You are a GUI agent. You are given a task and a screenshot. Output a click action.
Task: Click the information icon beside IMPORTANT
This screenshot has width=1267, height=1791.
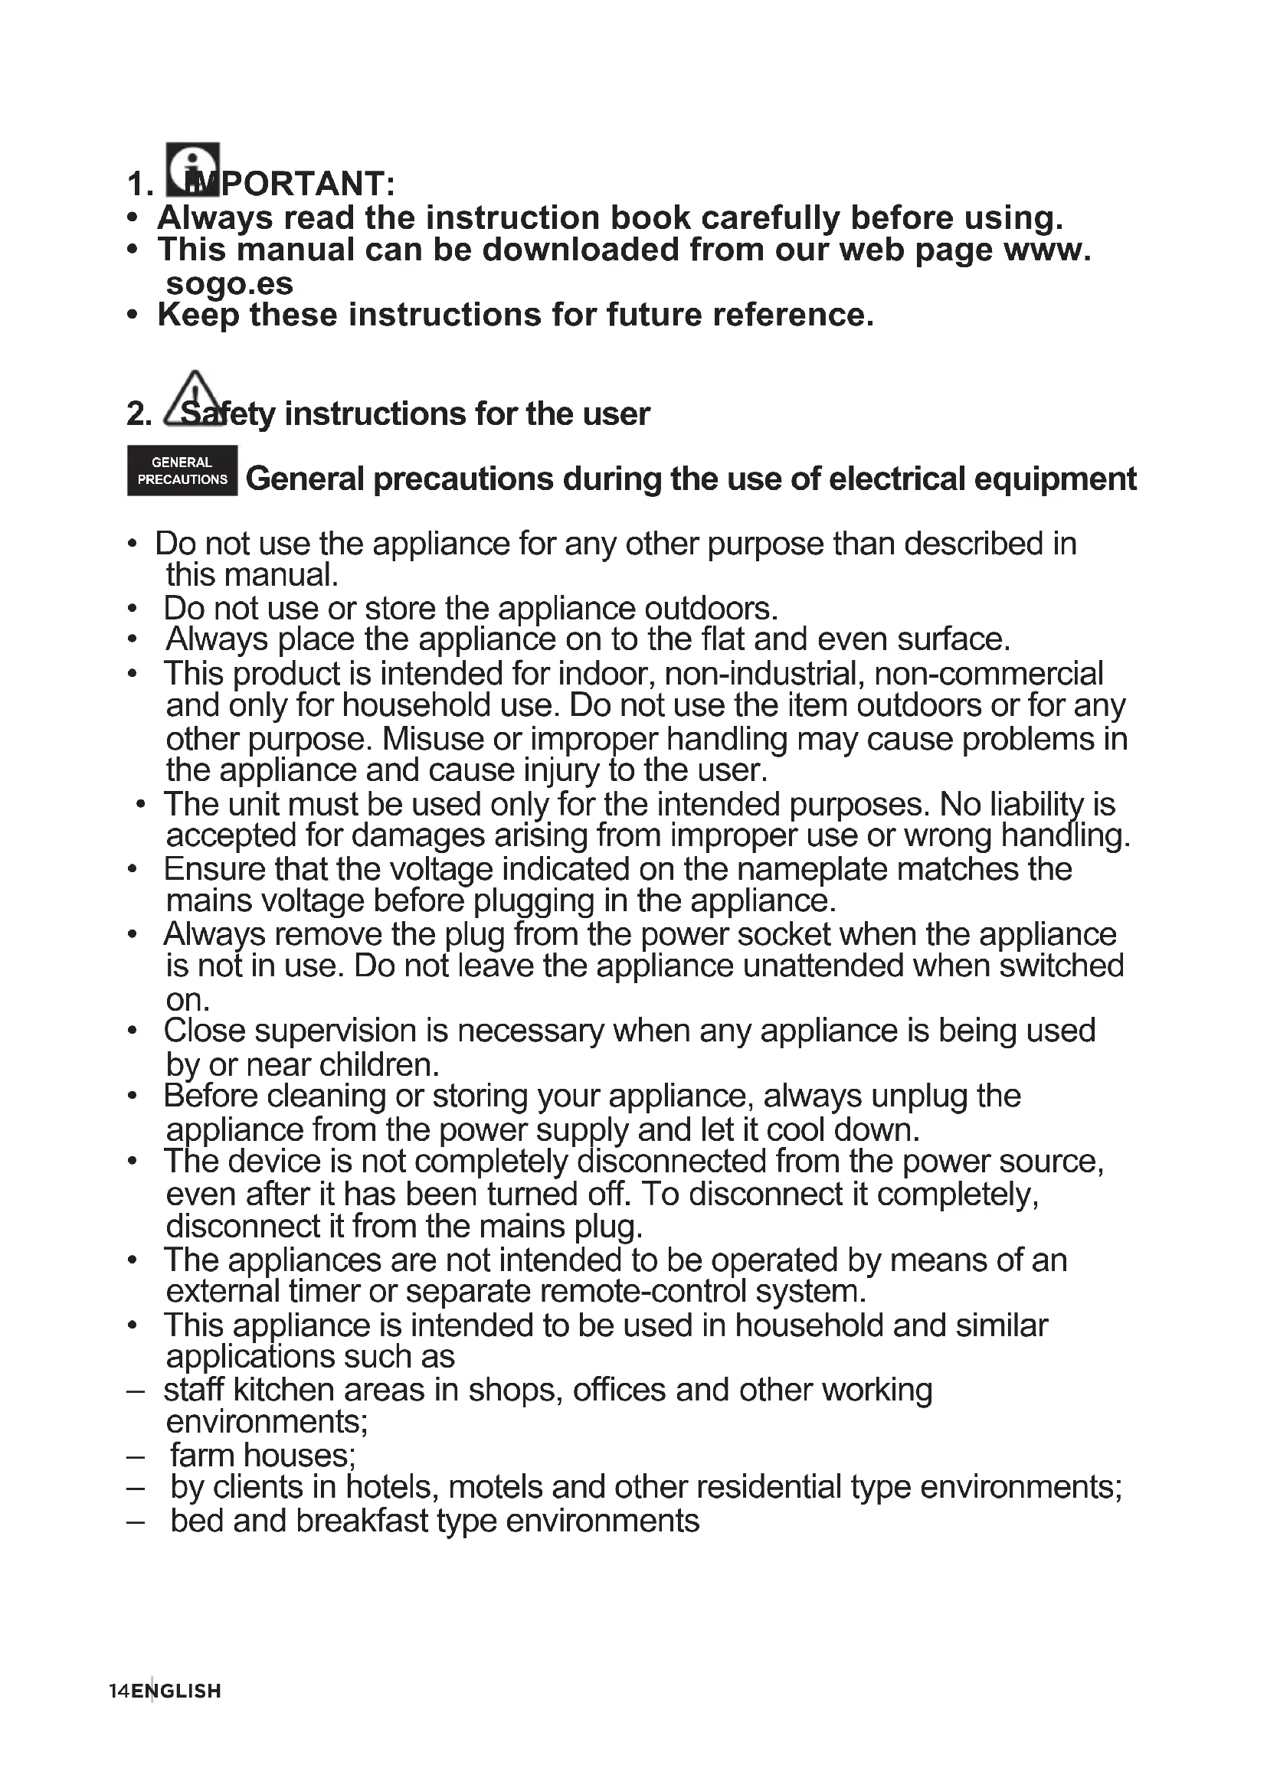(193, 169)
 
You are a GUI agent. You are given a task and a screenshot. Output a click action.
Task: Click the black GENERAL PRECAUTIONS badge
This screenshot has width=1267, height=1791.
(182, 471)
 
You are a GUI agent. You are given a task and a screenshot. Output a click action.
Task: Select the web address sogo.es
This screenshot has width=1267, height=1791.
(230, 283)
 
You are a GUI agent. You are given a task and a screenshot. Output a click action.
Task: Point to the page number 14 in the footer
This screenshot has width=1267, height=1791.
(119, 1691)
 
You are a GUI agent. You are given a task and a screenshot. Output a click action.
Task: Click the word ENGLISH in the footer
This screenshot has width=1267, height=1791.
(176, 1691)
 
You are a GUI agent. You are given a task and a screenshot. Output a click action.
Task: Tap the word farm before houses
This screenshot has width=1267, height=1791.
(202, 1455)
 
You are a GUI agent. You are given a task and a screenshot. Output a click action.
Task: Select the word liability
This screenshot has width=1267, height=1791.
(1027, 804)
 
